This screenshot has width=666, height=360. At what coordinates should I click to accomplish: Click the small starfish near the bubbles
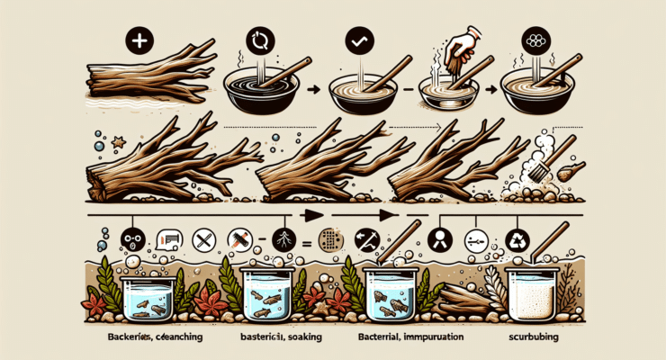pyautogui.click(x=117, y=140)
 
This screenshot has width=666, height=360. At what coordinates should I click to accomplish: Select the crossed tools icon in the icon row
pyautogui.click(x=204, y=239)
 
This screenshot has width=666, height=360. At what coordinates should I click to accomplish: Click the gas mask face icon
pyautogui.click(x=132, y=240)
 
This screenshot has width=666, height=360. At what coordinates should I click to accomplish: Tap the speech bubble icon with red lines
pyautogui.click(x=171, y=239)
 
